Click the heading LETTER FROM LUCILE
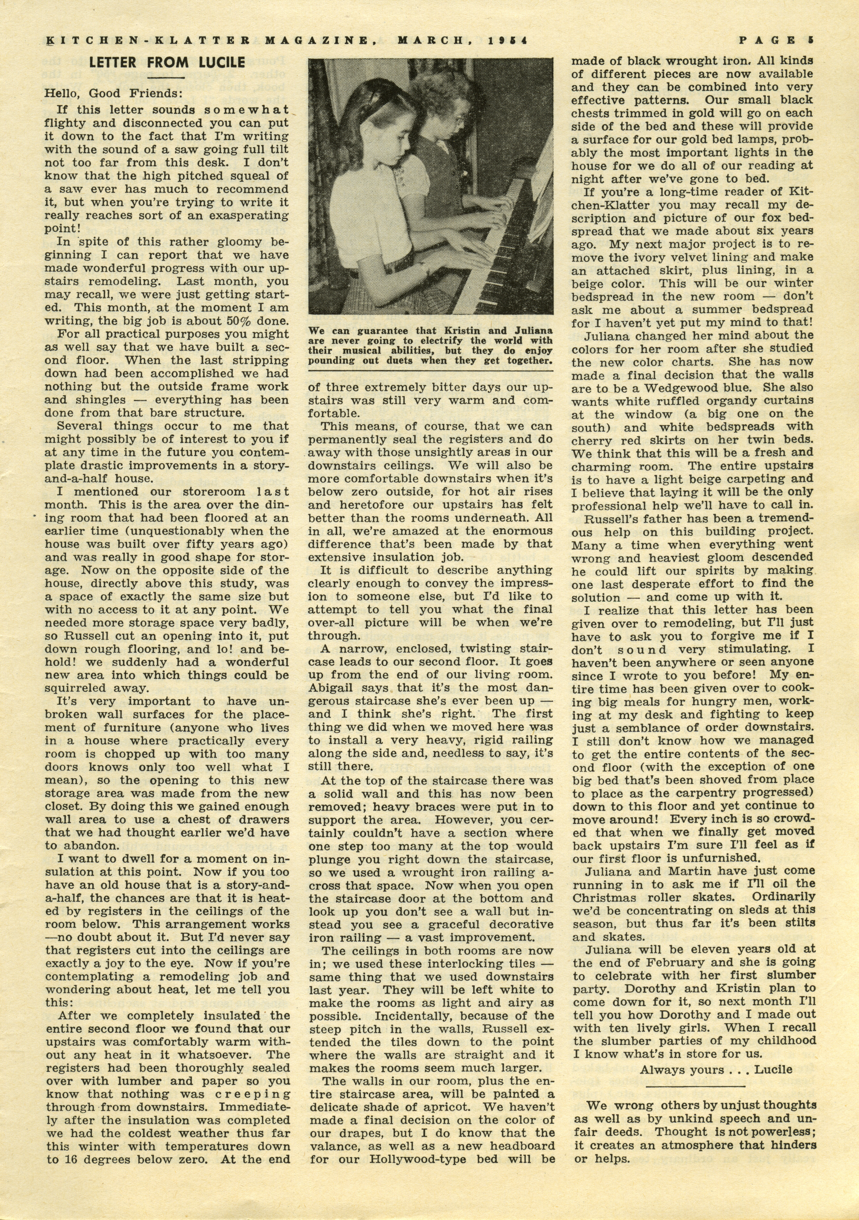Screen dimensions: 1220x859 [167, 63]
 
